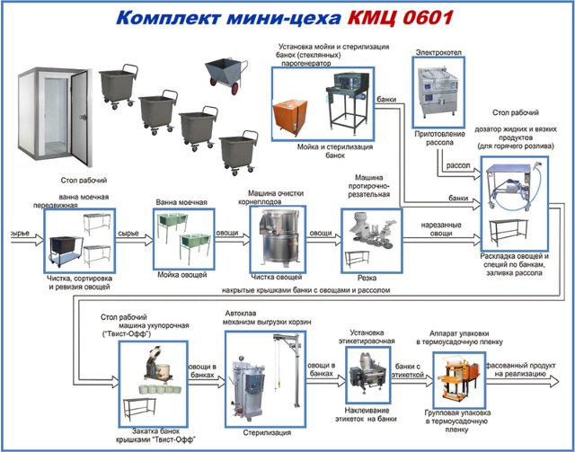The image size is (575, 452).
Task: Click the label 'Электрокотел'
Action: tap(438, 53)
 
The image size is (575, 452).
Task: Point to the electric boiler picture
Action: tap(438, 90)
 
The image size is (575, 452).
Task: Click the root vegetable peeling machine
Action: tap(270, 237)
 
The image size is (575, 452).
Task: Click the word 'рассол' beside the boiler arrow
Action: tap(458, 164)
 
